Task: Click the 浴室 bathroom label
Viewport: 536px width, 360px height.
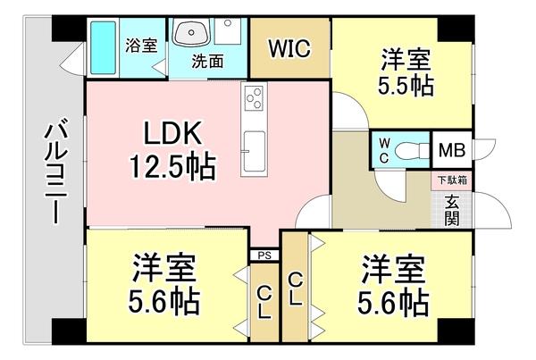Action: [140, 45]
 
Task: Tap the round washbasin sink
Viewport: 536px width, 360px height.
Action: [189, 35]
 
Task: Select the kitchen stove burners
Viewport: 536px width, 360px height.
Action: [252, 95]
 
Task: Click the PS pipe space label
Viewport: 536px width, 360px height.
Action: [264, 255]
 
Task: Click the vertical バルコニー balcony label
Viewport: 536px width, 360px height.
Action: [52, 174]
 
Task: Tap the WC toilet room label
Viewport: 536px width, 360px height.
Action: [382, 149]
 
